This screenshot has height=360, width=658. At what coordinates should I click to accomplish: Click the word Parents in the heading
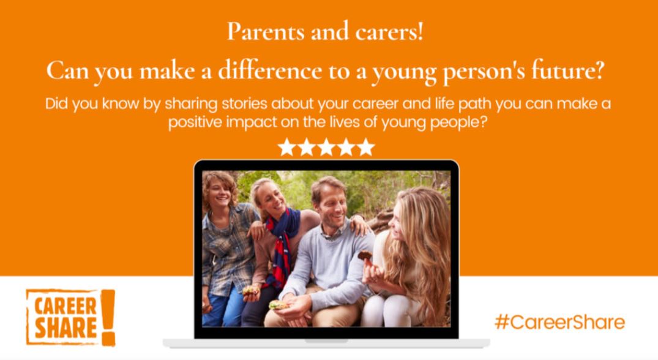pos(265,32)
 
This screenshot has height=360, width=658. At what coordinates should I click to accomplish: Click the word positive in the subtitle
pos(195,122)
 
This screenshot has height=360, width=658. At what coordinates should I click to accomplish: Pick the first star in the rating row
pos(286,148)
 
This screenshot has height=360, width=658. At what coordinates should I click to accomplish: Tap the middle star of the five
pos(326,148)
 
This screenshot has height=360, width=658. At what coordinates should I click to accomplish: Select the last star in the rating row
pos(365,148)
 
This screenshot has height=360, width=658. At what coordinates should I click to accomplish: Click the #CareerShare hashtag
pos(560,322)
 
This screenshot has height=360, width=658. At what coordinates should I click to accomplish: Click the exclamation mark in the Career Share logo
pos(108,318)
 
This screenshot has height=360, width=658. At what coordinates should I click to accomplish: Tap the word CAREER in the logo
pos(65,306)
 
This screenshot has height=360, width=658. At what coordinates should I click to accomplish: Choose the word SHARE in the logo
pos(65,328)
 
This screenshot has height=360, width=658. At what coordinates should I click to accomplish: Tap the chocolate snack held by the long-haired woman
pos(365,255)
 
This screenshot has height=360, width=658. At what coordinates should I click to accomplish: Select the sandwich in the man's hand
pos(279,305)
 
